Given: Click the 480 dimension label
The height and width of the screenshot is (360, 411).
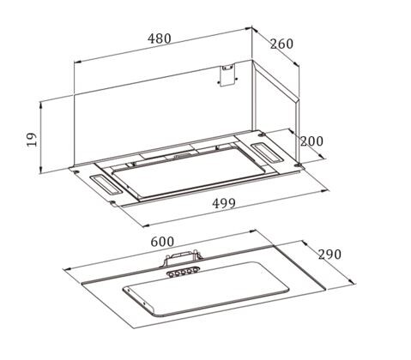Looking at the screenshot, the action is pyautogui.click(x=160, y=39).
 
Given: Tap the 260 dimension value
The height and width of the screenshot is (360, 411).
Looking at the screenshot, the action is pyautogui.click(x=281, y=44).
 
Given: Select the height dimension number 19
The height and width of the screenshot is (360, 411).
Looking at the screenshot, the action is pyautogui.click(x=33, y=139).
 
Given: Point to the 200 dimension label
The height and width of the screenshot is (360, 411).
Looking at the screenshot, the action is pyautogui.click(x=311, y=141).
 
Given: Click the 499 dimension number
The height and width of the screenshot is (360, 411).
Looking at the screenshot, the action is pyautogui.click(x=224, y=203).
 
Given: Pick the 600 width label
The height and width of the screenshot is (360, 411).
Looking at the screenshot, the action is pyautogui.click(x=162, y=242).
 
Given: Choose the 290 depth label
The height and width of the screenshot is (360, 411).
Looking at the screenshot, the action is pyautogui.click(x=329, y=254).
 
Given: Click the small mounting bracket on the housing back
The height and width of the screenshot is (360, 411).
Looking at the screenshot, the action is pyautogui.click(x=228, y=75).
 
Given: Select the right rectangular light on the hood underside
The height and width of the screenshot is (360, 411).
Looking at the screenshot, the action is pyautogui.click(x=265, y=153).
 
